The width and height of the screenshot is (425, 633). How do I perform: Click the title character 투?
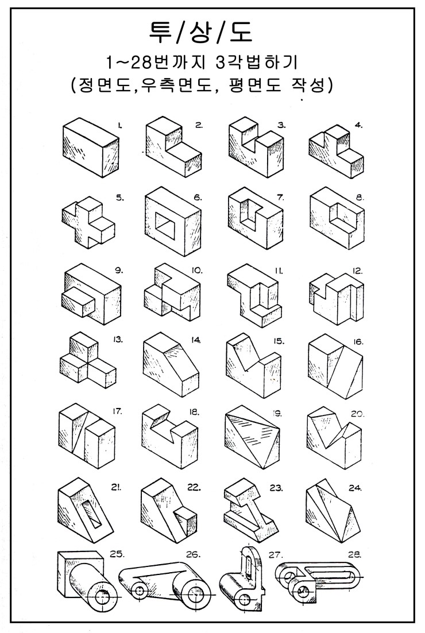160,32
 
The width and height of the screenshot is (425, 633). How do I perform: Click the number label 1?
120,126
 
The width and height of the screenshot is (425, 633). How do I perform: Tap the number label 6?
198,198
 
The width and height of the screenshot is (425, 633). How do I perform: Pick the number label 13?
118,340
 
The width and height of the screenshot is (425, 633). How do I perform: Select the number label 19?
277,413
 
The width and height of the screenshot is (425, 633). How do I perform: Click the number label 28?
354,554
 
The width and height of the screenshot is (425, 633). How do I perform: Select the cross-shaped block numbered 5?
88,222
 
